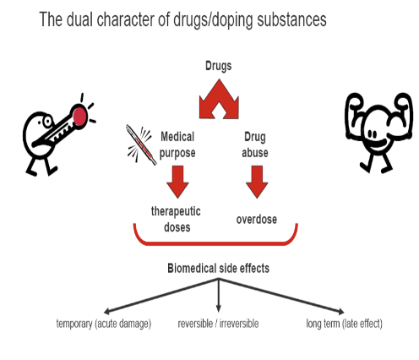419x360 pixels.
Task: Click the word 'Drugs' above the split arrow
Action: [x=218, y=67]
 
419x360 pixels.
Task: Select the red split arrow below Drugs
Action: [x=219, y=99]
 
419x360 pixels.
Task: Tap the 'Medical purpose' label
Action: [x=177, y=145]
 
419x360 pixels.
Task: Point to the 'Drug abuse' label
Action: [x=255, y=145]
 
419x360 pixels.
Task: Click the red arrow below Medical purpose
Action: [x=177, y=182]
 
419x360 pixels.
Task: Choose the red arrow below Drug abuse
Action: [x=257, y=182]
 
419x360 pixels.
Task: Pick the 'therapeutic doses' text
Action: [x=176, y=219]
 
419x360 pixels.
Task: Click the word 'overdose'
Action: [x=257, y=220]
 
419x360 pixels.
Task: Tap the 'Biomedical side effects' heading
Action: [x=218, y=268]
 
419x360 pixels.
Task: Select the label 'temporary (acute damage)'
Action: [x=104, y=324]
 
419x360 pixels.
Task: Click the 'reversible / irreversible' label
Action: [x=218, y=324]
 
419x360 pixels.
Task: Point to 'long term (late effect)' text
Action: [x=344, y=324]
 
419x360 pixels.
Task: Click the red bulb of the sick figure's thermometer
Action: [x=80, y=115]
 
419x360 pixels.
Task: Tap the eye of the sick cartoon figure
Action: [x=47, y=122]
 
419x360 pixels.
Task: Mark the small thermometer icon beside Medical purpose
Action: [x=141, y=145]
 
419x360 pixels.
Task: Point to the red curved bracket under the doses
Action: [x=215, y=243]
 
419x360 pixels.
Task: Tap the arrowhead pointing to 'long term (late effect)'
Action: [x=341, y=311]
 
